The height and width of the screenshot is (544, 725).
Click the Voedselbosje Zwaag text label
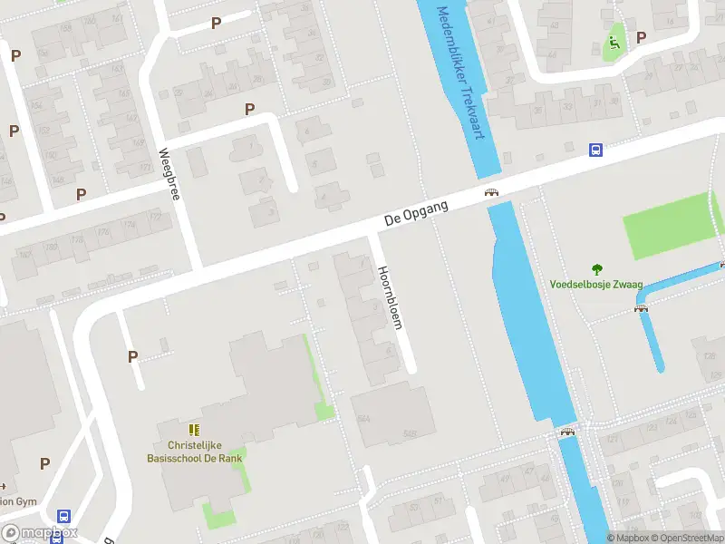[x=595, y=284]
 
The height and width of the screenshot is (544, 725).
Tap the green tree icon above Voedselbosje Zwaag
[x=596, y=268]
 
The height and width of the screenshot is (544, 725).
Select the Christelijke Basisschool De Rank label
[x=195, y=452]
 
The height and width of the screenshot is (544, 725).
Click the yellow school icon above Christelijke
[x=194, y=429]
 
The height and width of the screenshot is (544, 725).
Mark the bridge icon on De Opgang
[x=491, y=192]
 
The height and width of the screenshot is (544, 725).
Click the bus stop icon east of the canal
[x=596, y=151]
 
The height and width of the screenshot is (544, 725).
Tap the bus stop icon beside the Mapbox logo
[x=63, y=516]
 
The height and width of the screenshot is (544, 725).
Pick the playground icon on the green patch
[x=614, y=41]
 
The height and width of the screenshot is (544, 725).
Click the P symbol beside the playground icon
[x=642, y=37]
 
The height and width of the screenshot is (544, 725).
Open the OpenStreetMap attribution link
[x=686, y=538]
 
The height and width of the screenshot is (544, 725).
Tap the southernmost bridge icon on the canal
[x=568, y=432]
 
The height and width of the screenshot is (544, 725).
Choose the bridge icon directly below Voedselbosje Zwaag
[x=642, y=308]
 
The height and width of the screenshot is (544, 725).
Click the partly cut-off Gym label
[x=18, y=500]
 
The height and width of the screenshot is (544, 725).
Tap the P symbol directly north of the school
[x=133, y=357]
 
